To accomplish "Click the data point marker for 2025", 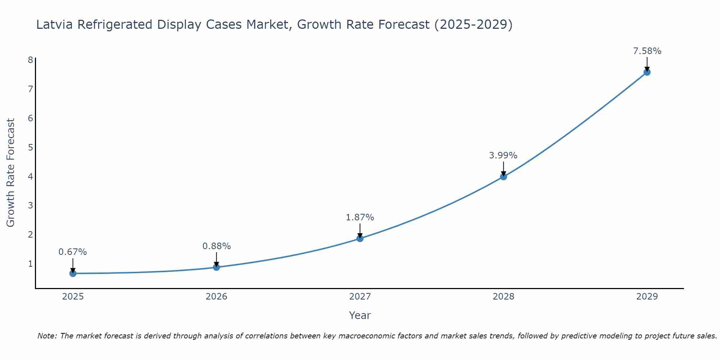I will point(73,273).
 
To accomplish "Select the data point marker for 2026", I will point(216,267).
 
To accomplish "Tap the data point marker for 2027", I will point(360,238).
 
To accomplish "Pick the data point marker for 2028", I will point(503,176).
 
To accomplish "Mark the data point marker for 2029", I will point(647,72).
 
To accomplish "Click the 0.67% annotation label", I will point(73,252).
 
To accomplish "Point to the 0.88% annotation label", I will point(216,246).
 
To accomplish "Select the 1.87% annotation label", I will point(360,217).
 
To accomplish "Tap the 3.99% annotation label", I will point(503,156).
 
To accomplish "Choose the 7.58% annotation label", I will point(647,51).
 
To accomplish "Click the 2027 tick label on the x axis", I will point(360,297).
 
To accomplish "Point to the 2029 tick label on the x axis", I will point(647,297).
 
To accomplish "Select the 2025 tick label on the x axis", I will point(73,297).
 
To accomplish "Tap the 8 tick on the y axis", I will point(30,60).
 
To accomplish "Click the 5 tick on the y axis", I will point(30,147).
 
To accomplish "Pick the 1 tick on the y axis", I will point(30,264).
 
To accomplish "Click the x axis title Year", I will point(360,315).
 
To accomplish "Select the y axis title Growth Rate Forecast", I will point(11,173).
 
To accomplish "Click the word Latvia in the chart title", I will point(55,24).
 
